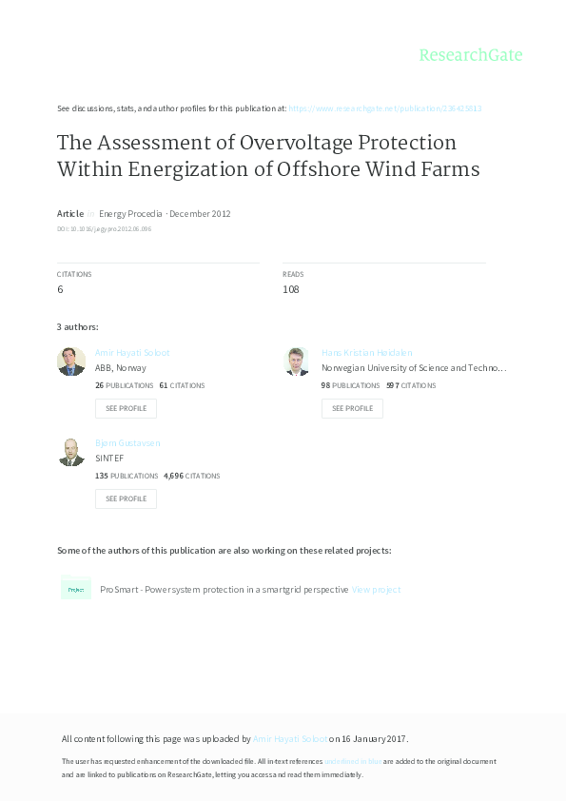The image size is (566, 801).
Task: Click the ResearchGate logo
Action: [471, 55]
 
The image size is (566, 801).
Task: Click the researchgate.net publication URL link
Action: [384, 108]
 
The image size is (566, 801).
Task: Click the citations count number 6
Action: [60, 289]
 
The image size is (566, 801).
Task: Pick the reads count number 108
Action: [291, 289]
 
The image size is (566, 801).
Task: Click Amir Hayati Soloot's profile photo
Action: [71, 361]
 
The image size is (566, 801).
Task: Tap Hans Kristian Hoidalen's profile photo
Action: [297, 361]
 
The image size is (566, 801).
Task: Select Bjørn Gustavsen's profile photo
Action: [71, 452]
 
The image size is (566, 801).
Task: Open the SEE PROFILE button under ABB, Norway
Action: [126, 408]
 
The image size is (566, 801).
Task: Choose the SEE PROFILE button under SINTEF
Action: [126, 498]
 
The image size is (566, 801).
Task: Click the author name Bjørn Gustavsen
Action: [127, 443]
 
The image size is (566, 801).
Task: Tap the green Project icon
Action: [75, 590]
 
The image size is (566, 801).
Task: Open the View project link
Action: [376, 590]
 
